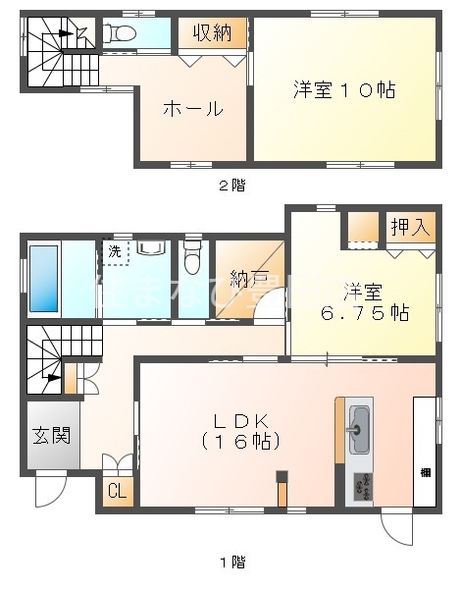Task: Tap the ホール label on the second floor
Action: (191, 109)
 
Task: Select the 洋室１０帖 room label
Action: (343, 90)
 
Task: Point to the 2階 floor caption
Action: (231, 186)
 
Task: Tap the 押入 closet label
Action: (410, 227)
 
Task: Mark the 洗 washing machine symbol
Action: (116, 251)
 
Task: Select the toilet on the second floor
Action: (121, 33)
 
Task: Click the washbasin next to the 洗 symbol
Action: (151, 249)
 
